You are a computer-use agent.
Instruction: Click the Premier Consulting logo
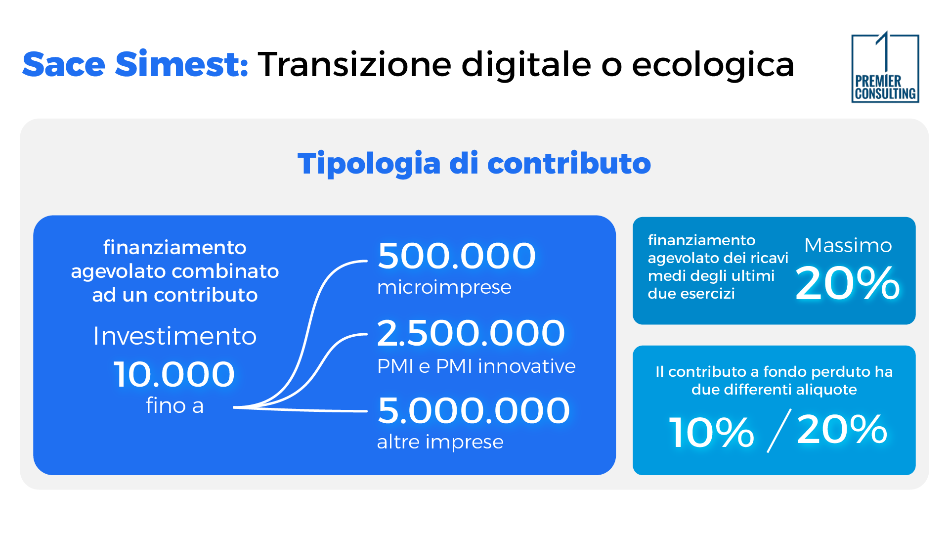(885, 68)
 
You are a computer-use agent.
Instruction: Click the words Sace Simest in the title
(135, 65)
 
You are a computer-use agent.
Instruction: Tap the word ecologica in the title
(713, 65)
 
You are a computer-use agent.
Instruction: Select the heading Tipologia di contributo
(474, 164)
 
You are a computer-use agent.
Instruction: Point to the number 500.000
(456, 256)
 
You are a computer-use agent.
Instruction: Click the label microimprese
(444, 287)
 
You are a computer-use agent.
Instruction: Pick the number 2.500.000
(471, 333)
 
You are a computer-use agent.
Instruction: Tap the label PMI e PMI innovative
(476, 366)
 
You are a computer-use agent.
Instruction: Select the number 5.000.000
(474, 411)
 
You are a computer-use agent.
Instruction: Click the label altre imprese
(440, 442)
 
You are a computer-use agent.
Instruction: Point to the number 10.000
(174, 374)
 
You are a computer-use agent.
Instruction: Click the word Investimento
(174, 336)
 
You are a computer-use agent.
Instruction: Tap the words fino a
(174, 406)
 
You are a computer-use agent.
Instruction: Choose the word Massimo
(848, 246)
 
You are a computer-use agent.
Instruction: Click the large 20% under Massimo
(847, 283)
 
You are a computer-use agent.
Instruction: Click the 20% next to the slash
(842, 430)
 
